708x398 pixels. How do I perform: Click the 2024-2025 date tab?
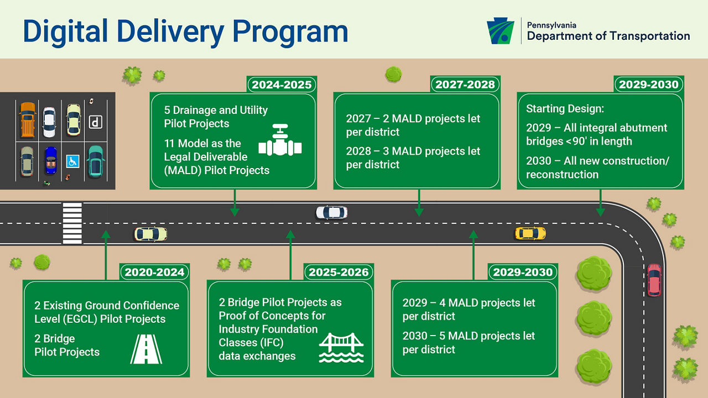282,85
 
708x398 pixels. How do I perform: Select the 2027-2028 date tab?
465,85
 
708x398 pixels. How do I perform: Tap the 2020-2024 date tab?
154,272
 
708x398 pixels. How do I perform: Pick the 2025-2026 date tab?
339,272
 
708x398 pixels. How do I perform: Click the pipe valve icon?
280,140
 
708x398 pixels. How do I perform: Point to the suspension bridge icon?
341,348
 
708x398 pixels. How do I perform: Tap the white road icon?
146,349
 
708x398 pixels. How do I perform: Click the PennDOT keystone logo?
501,30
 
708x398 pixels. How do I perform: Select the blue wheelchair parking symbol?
72,161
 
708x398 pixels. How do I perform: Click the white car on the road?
331,212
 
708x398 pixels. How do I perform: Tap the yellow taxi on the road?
530,233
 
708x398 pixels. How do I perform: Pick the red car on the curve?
654,280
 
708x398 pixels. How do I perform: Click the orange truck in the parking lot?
28,120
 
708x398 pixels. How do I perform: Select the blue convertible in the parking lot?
51,160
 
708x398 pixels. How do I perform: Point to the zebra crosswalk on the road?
72,223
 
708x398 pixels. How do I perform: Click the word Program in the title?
290,32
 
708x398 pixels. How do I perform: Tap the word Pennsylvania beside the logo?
551,25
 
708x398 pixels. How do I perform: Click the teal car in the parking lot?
96,162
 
